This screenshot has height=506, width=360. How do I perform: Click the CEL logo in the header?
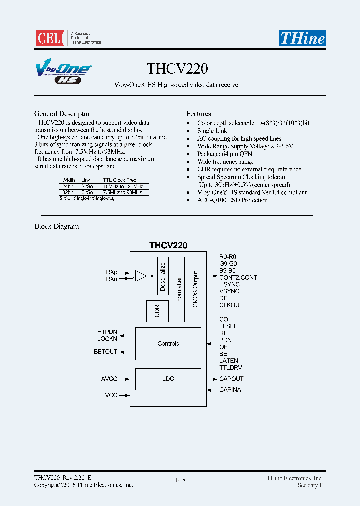49,38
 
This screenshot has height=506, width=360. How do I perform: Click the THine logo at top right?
302,38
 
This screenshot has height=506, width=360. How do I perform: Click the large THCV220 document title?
177,68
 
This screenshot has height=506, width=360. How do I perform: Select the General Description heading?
63,114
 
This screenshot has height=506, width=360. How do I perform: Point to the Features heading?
199,114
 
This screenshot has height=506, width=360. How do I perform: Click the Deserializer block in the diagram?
163,276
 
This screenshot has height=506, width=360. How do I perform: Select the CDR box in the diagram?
157,311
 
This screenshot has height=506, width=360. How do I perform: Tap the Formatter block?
179,289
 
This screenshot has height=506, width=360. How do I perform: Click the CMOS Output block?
195,289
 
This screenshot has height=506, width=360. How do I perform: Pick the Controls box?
168,344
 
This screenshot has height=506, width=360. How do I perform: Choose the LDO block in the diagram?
168,379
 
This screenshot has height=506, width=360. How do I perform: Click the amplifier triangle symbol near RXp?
141,275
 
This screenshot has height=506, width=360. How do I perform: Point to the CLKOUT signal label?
231,305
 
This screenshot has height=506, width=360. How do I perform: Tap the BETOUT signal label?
105,352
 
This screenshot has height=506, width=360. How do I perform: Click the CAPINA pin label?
230,390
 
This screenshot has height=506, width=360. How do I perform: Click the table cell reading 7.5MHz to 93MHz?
123,192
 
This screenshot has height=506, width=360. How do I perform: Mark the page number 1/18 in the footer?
180,480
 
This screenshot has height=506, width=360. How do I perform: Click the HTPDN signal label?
107,332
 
